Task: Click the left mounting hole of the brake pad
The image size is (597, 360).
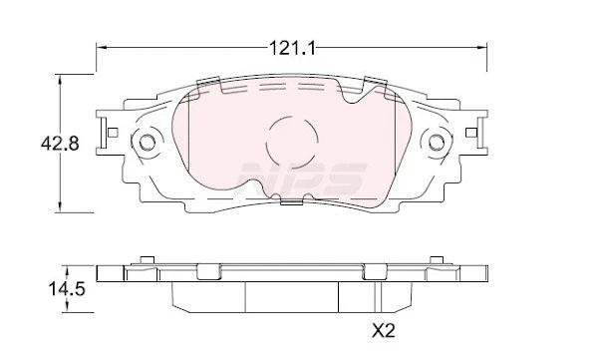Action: pos(148,142)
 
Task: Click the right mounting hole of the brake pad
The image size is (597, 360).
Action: pos(436,142)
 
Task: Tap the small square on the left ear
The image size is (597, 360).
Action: pos(113,133)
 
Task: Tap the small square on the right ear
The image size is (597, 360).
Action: pos(472,133)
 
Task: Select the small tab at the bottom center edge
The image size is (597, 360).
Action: pos(292,202)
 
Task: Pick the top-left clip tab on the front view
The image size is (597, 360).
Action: pos(208,83)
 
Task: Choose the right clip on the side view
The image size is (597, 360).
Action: pos(377,270)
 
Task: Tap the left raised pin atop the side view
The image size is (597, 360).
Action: pos(148,261)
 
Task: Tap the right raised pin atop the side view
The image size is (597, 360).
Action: pos(436,261)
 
